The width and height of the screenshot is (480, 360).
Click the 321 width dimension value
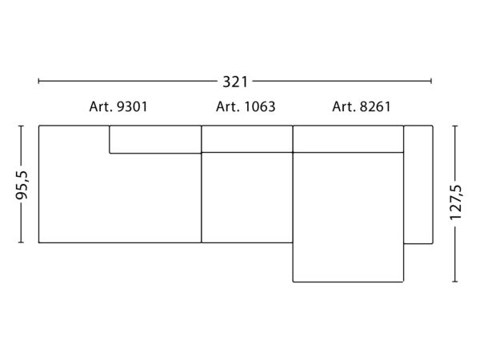(235, 82)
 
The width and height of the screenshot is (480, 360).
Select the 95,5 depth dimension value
(22, 185)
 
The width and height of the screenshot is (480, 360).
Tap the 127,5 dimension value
(455, 202)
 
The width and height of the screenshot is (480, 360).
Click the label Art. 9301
(118, 106)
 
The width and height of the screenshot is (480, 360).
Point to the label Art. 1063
(246, 106)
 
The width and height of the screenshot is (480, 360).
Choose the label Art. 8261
(362, 106)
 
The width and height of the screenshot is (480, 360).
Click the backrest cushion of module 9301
(155, 139)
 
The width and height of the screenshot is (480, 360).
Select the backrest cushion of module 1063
(247, 138)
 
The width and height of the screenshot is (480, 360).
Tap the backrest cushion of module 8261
(348, 138)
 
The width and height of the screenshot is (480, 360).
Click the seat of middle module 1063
(247, 198)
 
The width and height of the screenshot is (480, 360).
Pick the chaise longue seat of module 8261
(348, 217)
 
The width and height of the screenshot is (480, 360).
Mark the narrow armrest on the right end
(418, 185)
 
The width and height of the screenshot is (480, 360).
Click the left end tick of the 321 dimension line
(38, 81)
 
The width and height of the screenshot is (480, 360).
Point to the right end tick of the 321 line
(431, 81)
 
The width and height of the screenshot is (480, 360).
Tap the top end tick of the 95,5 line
(21, 126)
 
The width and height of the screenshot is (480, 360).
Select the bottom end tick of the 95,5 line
(21, 242)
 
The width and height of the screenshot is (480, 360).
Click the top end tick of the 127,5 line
(455, 126)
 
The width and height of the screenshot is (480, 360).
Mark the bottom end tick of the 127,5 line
(455, 282)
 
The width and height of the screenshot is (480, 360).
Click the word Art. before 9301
(101, 106)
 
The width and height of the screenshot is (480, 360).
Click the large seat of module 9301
(120, 198)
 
